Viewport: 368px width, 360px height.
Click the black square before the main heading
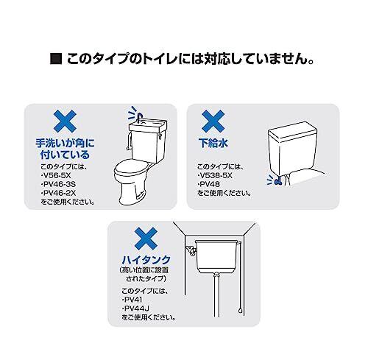pos(56,59)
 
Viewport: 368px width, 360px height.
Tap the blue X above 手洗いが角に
pos(65,121)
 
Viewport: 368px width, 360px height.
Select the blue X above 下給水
pos(213,121)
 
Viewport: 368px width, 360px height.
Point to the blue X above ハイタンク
pos(146,239)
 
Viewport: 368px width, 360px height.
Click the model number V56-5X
pos(57,175)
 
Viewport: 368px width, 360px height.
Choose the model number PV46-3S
pos(59,184)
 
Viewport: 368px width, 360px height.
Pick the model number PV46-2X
pos(59,193)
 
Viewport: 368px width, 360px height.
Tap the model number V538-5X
pos(216,175)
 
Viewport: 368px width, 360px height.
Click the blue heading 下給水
pos(213,143)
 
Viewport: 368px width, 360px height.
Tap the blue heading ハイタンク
pos(146,259)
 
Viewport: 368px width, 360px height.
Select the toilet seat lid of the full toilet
pos(131,167)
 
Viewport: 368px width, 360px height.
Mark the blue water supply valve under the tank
pos(278,181)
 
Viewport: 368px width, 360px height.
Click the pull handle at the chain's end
pos(240,311)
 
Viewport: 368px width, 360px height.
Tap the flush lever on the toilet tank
pos(160,135)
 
